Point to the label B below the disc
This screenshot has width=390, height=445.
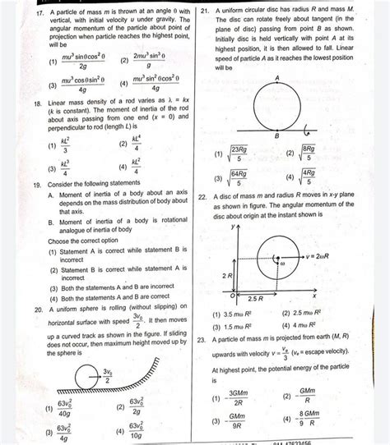[276, 136]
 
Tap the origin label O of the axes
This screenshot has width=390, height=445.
[233, 295]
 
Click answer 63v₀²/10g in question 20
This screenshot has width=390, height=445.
[134, 432]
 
